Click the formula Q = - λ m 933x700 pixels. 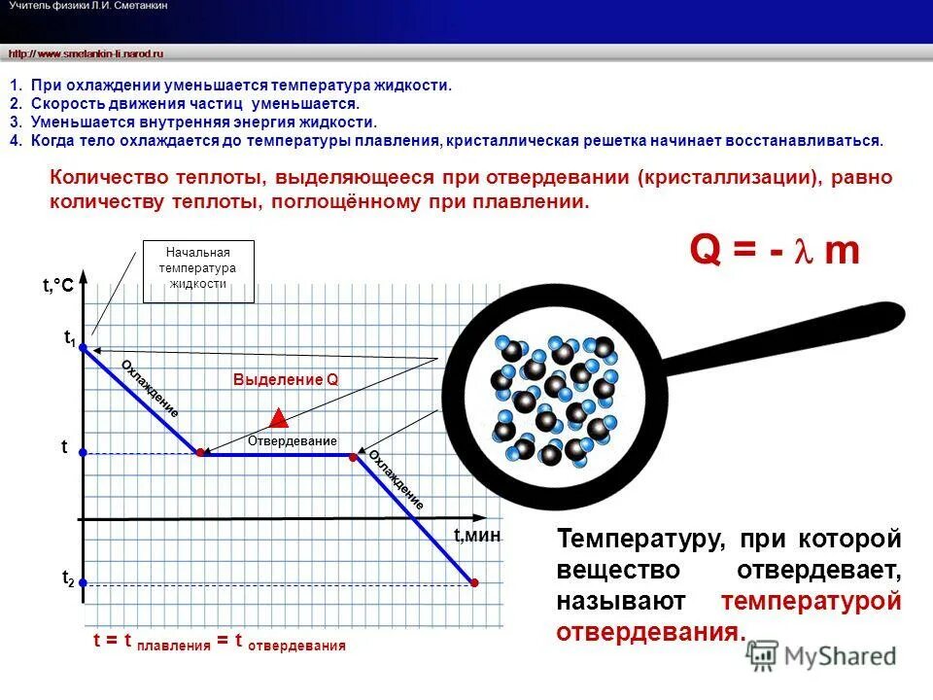coord(775,251)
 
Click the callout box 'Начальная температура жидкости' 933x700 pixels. coord(198,267)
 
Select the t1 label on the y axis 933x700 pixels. coord(70,338)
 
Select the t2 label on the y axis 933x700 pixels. coord(68,578)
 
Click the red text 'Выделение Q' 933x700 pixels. coord(286,380)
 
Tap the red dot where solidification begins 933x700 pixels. coord(200,453)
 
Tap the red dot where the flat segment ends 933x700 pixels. coord(354,453)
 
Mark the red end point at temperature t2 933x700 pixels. coord(474,583)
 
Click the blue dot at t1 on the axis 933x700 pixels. coord(84,346)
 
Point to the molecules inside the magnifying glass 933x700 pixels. coord(554,399)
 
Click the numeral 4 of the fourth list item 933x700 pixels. coord(15,140)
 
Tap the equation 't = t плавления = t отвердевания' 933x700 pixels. coord(220,642)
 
